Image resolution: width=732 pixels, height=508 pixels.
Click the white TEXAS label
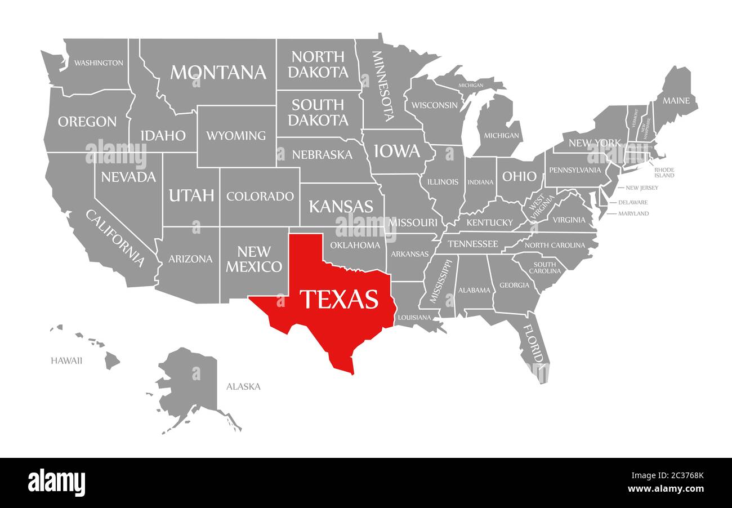click(338, 299)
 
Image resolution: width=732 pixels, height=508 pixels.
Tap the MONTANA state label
click(218, 72)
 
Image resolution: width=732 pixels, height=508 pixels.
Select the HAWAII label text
click(66, 360)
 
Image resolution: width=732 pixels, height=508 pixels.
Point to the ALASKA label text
click(243, 386)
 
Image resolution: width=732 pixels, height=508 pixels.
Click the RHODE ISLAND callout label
click(664, 172)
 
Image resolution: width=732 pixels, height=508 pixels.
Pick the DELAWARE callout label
click(633, 202)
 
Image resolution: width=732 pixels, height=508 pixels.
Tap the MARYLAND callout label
click(633, 213)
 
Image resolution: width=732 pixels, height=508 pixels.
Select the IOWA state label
click(398, 151)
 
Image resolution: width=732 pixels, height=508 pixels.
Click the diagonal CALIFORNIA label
click(115, 238)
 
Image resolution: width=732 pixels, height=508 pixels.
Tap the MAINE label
click(676, 101)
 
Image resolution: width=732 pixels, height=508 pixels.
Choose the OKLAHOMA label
click(355, 245)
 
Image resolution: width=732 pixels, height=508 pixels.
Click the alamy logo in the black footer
click(56, 483)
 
